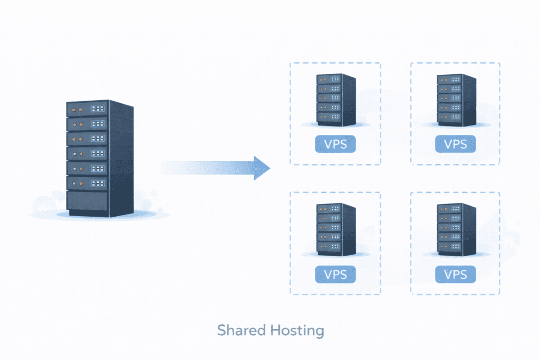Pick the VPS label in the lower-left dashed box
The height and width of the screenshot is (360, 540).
pyautogui.click(x=335, y=274)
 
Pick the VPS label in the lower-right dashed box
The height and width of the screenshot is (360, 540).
pyautogui.click(x=456, y=274)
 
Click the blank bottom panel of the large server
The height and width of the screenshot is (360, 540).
pyautogui.click(x=88, y=202)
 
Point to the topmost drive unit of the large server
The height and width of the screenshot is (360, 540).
pyautogui.click(x=88, y=109)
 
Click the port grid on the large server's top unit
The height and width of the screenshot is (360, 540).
pyautogui.click(x=98, y=109)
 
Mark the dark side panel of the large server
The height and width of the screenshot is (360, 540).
pyautogui.click(x=121, y=158)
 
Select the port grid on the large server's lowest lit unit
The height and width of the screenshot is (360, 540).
pyautogui.click(x=98, y=183)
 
